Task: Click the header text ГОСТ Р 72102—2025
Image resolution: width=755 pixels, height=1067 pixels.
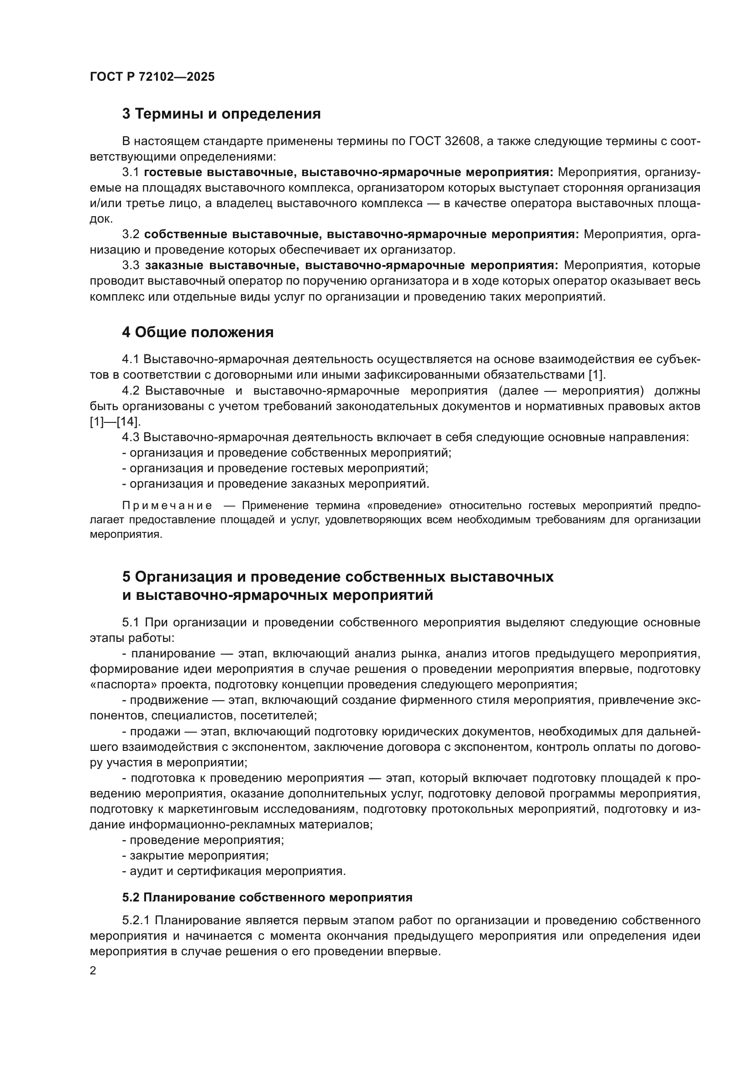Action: tap(152, 77)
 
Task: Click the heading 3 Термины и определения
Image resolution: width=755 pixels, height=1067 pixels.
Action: tap(221, 114)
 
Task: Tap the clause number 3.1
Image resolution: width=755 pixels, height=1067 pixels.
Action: tap(131, 172)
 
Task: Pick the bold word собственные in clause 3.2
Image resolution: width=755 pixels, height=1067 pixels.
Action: tap(185, 234)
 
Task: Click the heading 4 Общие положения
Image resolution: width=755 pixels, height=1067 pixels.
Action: tap(198, 332)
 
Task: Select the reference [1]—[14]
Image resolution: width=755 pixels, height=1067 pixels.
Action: tap(115, 422)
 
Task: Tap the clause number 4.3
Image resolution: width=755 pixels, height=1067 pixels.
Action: tap(131, 437)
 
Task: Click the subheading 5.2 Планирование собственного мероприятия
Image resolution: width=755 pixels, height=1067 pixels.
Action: tap(267, 897)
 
